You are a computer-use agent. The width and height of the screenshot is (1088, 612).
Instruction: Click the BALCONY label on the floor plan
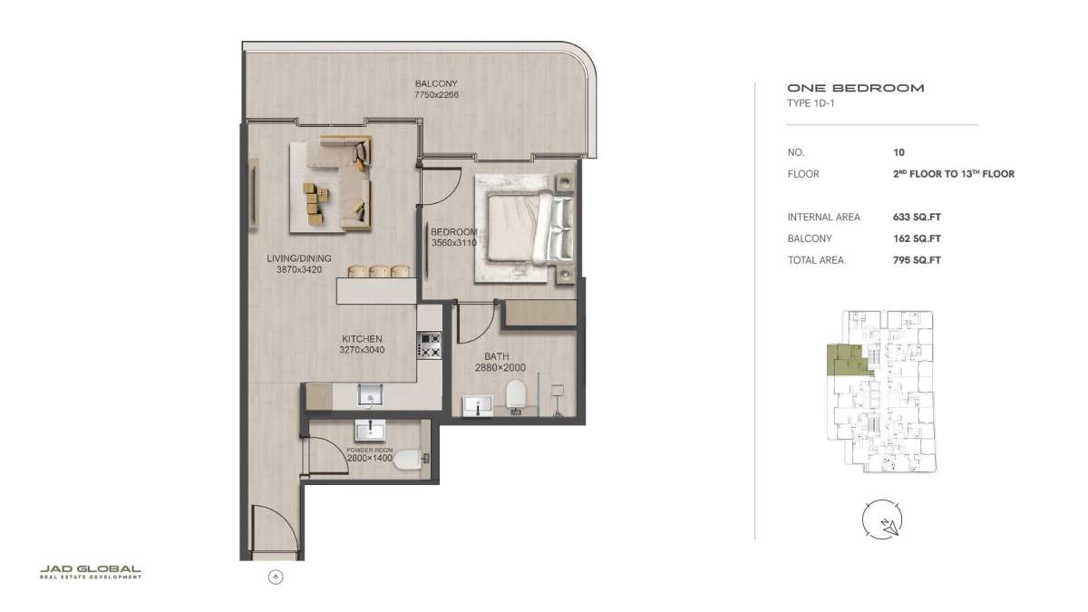436,83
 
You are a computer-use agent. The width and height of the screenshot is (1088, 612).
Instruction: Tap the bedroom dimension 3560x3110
454,242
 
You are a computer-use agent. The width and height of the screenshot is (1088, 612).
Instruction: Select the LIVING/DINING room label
299,258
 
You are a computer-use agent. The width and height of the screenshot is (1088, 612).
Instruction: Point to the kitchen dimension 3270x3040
362,350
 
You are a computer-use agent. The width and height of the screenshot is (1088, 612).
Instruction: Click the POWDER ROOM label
370,451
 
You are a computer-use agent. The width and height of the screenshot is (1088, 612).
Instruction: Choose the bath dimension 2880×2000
500,368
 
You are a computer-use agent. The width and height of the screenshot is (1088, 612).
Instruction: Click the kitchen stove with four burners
430,345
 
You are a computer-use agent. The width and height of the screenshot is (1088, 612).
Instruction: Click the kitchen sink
370,394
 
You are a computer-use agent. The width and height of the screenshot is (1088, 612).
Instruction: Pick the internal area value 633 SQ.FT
917,217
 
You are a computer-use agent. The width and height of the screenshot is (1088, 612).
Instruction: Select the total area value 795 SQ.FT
917,260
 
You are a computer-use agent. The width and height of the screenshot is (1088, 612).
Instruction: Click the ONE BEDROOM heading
855,88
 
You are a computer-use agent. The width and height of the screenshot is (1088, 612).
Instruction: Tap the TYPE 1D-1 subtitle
811,103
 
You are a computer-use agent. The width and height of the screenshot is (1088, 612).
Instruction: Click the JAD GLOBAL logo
91,572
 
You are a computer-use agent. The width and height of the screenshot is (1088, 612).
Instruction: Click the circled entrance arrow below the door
276,577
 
